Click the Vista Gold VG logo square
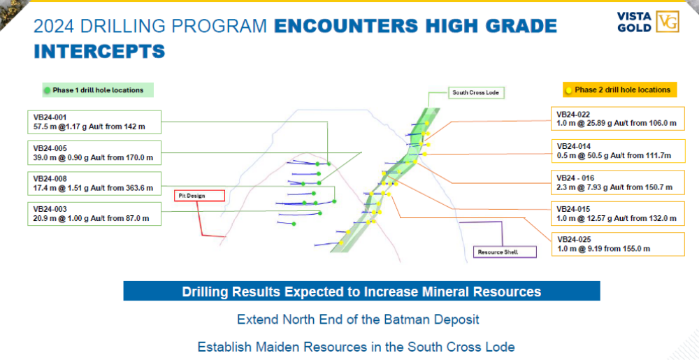coord(668,22)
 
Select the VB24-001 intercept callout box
coord(94,122)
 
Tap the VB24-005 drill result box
coord(94,153)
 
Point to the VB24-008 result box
coord(94,184)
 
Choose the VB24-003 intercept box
coord(94,214)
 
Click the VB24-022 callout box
coord(618,119)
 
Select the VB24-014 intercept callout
coord(618,151)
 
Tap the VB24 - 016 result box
coord(618,182)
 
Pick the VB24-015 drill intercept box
coord(618,213)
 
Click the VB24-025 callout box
coord(618,244)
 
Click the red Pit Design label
coord(199,196)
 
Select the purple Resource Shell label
coord(505,252)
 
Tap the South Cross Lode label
coord(475,93)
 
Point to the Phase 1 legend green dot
coord(48,90)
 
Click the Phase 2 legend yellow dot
coord(569,90)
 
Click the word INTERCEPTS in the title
coord(99,51)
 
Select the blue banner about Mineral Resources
coord(361,291)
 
